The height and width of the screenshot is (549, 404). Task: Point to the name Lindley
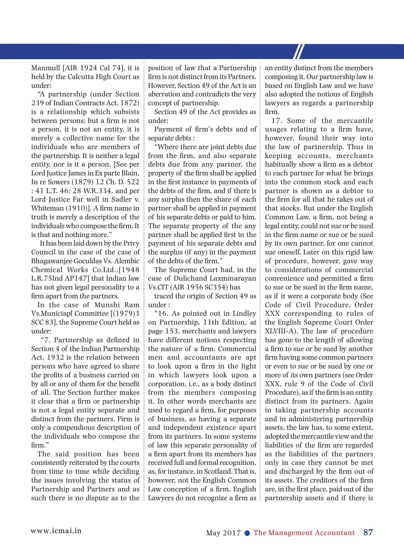pyautogui.click(x=244, y=314)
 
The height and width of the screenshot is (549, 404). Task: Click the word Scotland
pyautogui.click(x=219, y=472)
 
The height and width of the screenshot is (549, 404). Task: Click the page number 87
pyautogui.click(x=368, y=533)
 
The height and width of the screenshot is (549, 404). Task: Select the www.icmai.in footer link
pyautogui.click(x=56, y=531)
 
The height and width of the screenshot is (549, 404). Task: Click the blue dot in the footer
pyautogui.click(x=247, y=533)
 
